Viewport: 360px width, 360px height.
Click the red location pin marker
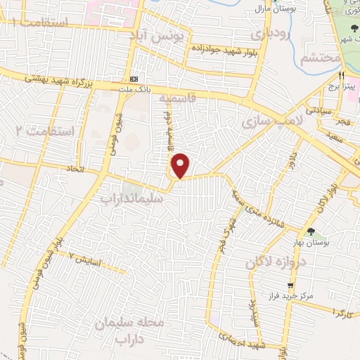coord(181,165)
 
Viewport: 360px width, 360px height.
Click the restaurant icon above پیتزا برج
coord(342,75)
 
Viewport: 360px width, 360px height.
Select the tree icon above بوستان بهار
coord(310,231)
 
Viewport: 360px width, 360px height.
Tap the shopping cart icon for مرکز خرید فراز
coord(290,285)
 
